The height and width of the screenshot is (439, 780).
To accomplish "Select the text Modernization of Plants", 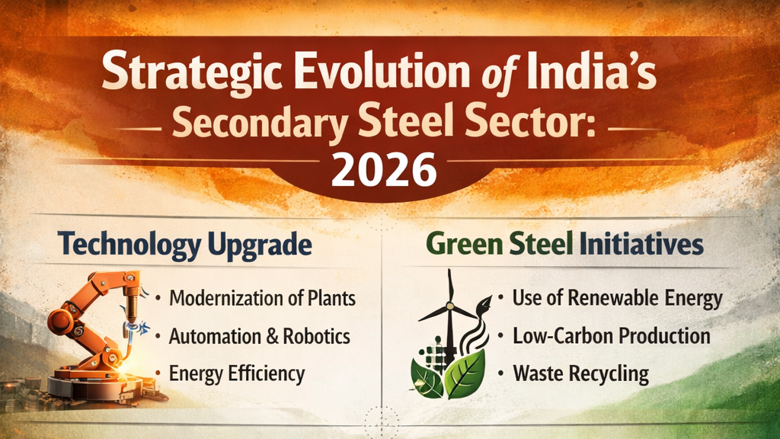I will click(x=262, y=298).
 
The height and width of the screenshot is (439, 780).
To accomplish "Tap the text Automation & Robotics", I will click(x=259, y=336).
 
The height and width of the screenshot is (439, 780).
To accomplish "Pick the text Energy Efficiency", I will click(x=236, y=374).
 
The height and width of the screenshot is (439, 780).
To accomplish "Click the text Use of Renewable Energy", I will click(x=616, y=298).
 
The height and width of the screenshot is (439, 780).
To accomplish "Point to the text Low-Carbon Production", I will click(x=611, y=336).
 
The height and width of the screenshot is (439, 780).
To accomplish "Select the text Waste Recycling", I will click(x=580, y=374).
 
